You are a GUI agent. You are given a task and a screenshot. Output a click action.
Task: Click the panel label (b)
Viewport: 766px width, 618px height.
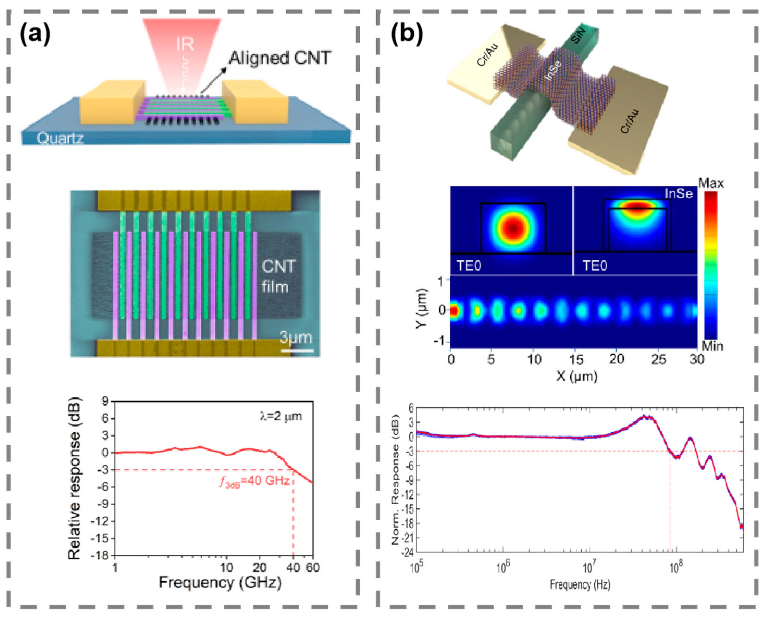click(407, 35)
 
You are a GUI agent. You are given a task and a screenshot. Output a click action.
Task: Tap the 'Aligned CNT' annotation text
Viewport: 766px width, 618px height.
click(280, 58)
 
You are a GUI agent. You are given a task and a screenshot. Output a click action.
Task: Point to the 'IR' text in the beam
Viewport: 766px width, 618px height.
click(185, 44)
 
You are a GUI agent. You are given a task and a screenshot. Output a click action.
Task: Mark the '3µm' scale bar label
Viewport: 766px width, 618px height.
click(295, 337)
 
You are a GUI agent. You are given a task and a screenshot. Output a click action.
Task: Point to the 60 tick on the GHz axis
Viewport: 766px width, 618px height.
click(313, 567)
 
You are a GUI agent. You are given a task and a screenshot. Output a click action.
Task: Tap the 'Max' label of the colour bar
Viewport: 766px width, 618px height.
click(711, 183)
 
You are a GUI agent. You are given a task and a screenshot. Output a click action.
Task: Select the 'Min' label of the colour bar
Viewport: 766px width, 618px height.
click(712, 346)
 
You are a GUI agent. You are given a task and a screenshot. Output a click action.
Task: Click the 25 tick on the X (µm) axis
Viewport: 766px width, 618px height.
click(658, 359)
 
